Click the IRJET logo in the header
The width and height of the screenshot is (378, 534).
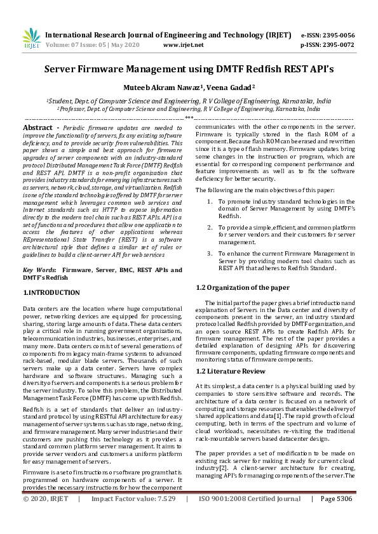(x=31, y=39)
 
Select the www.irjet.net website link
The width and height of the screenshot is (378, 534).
(x=183, y=45)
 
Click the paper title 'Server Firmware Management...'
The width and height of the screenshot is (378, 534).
(x=189, y=68)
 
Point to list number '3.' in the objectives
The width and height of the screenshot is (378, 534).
(x=211, y=254)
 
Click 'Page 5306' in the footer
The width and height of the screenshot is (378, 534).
(x=336, y=517)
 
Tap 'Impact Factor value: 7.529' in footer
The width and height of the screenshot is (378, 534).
(x=133, y=517)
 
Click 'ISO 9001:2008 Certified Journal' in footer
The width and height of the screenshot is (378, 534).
(x=250, y=517)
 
